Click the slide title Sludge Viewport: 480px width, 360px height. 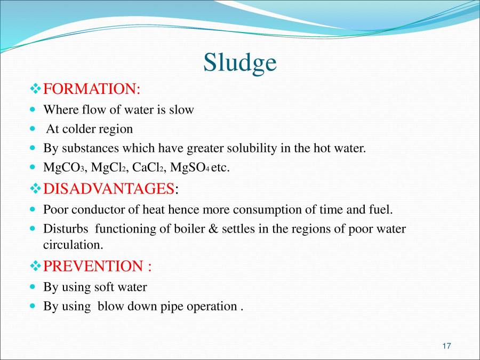tap(239, 63)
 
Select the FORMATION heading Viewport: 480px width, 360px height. tap(91, 88)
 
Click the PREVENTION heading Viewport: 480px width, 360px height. tap(97, 266)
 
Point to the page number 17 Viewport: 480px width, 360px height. tap(446, 346)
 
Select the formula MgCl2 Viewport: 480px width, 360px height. tap(109, 167)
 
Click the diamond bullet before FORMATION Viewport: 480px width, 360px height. tap(35, 88)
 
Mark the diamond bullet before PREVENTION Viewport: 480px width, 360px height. tap(35, 266)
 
